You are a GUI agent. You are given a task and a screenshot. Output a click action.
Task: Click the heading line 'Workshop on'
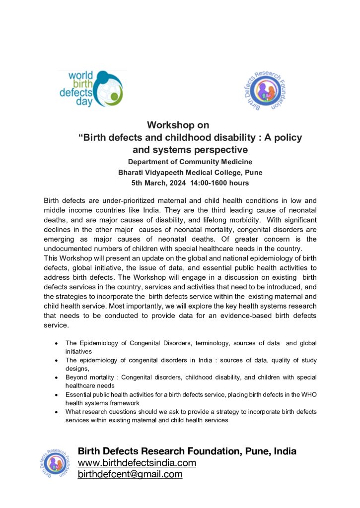point(178,125)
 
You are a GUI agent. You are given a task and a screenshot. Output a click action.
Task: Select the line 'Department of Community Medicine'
point(190,162)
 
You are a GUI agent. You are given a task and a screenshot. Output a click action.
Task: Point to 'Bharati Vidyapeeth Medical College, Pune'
point(190,173)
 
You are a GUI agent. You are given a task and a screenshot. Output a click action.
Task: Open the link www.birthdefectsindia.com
point(137,463)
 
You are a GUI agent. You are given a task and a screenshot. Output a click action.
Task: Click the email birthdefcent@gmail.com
point(130,474)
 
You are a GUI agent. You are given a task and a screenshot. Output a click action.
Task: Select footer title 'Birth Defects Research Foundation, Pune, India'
point(187,451)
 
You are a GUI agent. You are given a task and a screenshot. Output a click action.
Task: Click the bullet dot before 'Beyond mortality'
point(58,378)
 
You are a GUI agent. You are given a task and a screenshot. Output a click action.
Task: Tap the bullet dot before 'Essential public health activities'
point(58,395)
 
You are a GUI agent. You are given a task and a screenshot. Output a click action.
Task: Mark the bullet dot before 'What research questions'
point(58,412)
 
